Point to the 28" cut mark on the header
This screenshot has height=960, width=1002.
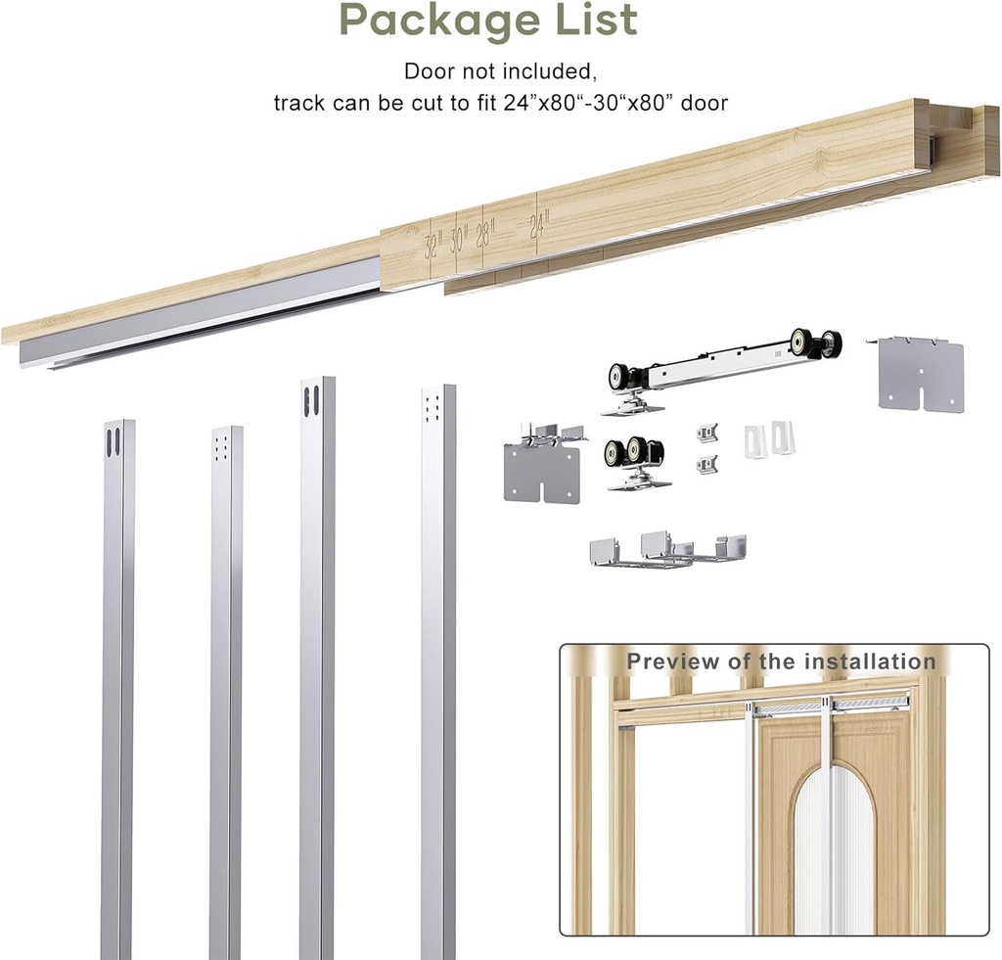(x=486, y=235)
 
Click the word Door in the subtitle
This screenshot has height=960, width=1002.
(x=428, y=71)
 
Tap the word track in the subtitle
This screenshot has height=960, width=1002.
(x=299, y=103)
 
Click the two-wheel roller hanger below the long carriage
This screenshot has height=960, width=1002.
(x=634, y=461)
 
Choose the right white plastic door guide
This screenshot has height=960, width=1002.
(x=783, y=435)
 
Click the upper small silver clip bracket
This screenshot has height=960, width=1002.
(x=707, y=433)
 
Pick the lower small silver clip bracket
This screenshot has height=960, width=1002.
(x=707, y=464)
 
